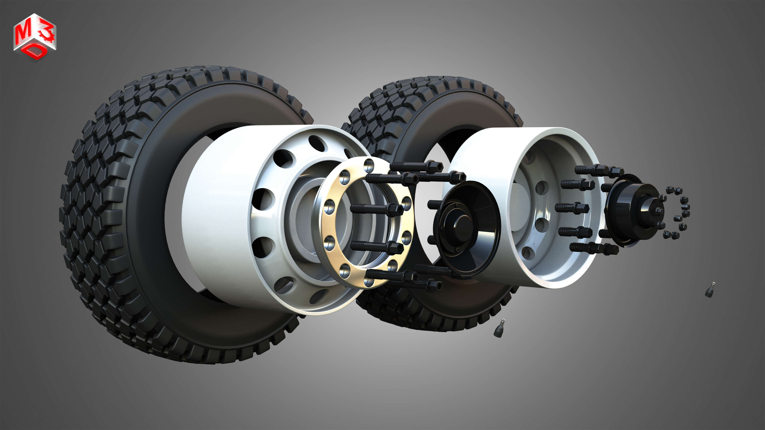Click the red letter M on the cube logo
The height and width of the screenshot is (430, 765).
pos(23,33)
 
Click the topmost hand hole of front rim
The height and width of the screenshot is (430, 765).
pos(317,143)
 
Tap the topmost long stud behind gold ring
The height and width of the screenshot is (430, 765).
pos(416,166)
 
